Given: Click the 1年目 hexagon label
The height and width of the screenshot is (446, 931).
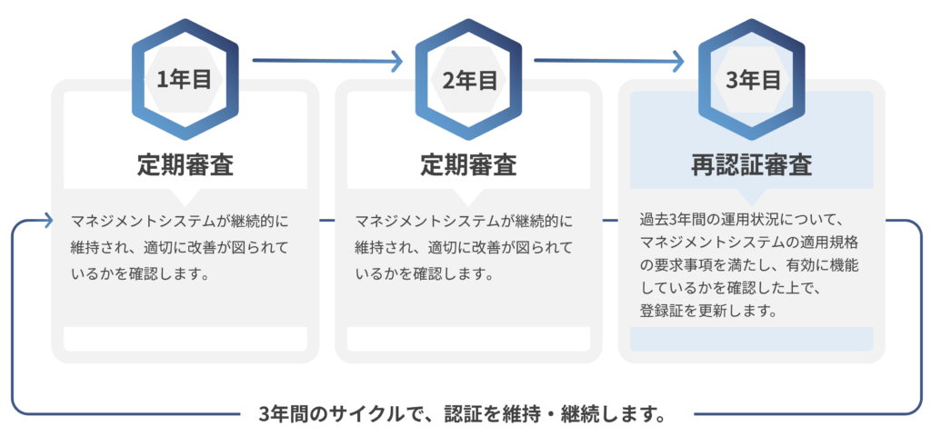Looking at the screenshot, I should (185, 80).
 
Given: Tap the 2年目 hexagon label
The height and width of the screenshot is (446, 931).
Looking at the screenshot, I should (469, 80).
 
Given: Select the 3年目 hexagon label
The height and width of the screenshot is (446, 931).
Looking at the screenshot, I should (753, 80).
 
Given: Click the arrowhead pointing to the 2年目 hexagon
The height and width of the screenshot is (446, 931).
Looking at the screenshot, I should (396, 61).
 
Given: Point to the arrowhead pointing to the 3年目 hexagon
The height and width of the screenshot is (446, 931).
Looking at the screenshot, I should (679, 61).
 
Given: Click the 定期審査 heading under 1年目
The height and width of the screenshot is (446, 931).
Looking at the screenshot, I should (185, 165).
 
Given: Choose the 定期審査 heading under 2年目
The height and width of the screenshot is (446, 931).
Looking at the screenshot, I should (469, 165).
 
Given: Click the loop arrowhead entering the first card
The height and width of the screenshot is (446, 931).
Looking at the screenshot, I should (45, 221).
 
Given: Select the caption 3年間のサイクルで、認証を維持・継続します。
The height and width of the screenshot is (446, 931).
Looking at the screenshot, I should (463, 415).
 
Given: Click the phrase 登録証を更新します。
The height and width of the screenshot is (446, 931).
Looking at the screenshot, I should (708, 311).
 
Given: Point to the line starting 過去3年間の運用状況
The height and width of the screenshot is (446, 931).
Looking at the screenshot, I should (744, 220).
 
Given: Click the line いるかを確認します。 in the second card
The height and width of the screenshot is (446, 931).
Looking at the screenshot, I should (423, 272).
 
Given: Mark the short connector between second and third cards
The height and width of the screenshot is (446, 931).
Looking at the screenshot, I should (610, 221).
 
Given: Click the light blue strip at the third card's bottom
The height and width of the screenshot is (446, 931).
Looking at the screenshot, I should (751, 339).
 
